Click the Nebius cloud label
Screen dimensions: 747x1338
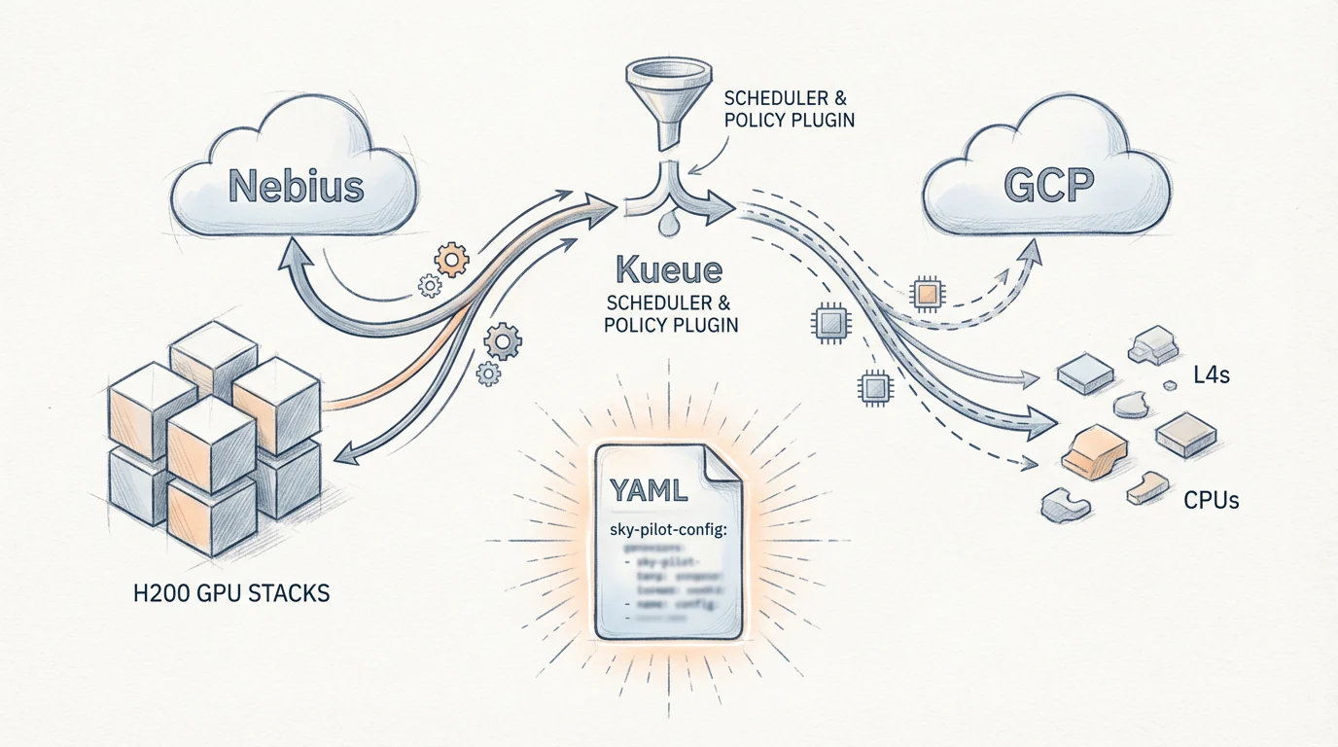[x=296, y=185]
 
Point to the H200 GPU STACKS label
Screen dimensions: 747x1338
[x=230, y=592]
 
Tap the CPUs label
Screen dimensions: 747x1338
[x=1211, y=501]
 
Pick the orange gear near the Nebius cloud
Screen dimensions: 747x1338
[x=450, y=260]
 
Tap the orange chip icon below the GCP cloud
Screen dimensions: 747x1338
[x=928, y=292]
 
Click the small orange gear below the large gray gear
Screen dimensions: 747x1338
[x=488, y=372]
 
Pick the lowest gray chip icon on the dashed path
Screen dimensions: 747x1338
[x=870, y=388]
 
